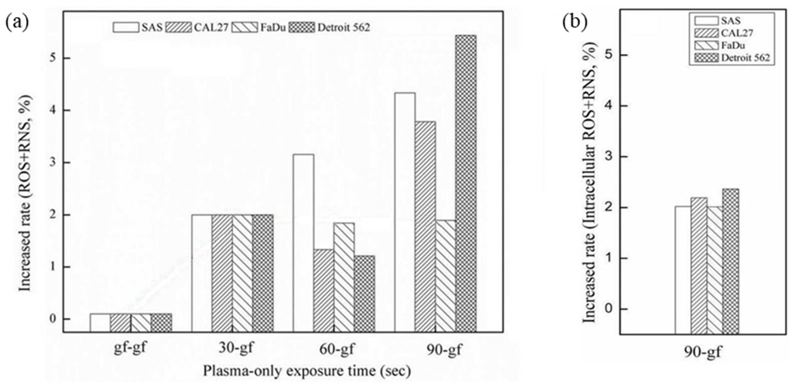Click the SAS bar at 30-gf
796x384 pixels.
(x=201, y=273)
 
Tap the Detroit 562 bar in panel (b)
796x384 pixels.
(x=731, y=261)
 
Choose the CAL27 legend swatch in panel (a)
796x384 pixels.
(x=178, y=27)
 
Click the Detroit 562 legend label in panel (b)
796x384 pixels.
(x=745, y=58)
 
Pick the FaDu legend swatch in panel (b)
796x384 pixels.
(x=706, y=45)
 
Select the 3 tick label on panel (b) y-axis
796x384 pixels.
(x=608, y=157)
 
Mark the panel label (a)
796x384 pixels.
(x=17, y=22)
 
